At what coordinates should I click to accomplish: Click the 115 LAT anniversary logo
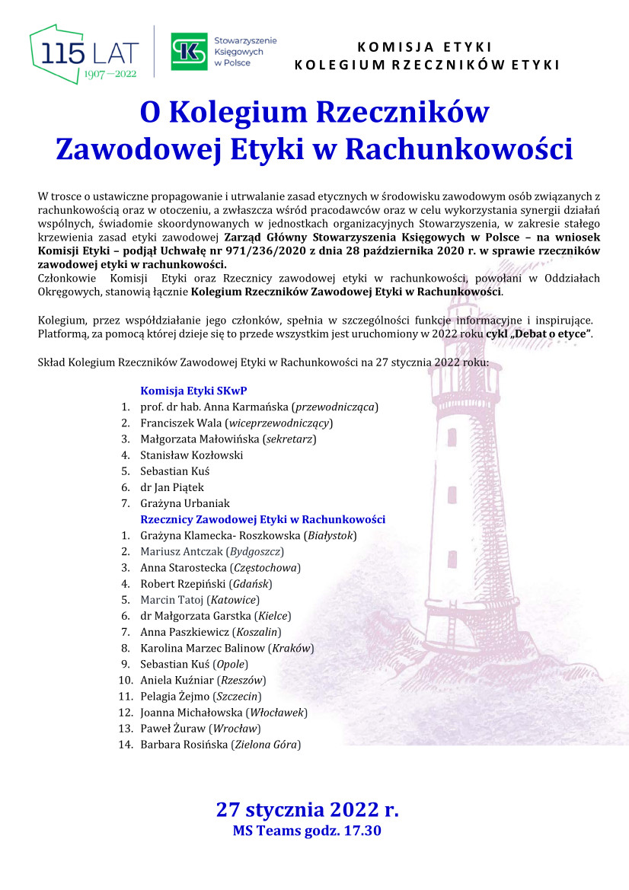(85, 54)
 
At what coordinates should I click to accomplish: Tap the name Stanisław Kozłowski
(192, 455)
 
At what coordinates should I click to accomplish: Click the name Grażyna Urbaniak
(185, 503)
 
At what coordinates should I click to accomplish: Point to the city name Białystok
(330, 535)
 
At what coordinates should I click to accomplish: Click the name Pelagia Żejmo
(174, 697)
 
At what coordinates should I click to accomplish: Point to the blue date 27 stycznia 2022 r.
(308, 809)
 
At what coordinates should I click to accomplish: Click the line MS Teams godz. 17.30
(307, 831)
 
